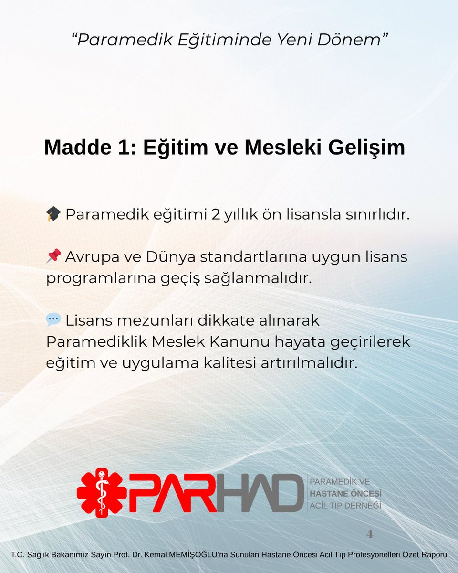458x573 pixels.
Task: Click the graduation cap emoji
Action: [x=53, y=214]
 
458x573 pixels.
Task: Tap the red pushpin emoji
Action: [x=53, y=257]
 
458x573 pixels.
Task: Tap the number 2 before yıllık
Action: [x=215, y=214]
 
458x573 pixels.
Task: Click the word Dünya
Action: [x=161, y=257]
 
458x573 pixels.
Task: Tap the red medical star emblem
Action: [x=101, y=493]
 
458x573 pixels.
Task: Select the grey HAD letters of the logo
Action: [x=260, y=493]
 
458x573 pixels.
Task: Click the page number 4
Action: [x=370, y=534]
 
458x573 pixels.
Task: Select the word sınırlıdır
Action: [x=379, y=214]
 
